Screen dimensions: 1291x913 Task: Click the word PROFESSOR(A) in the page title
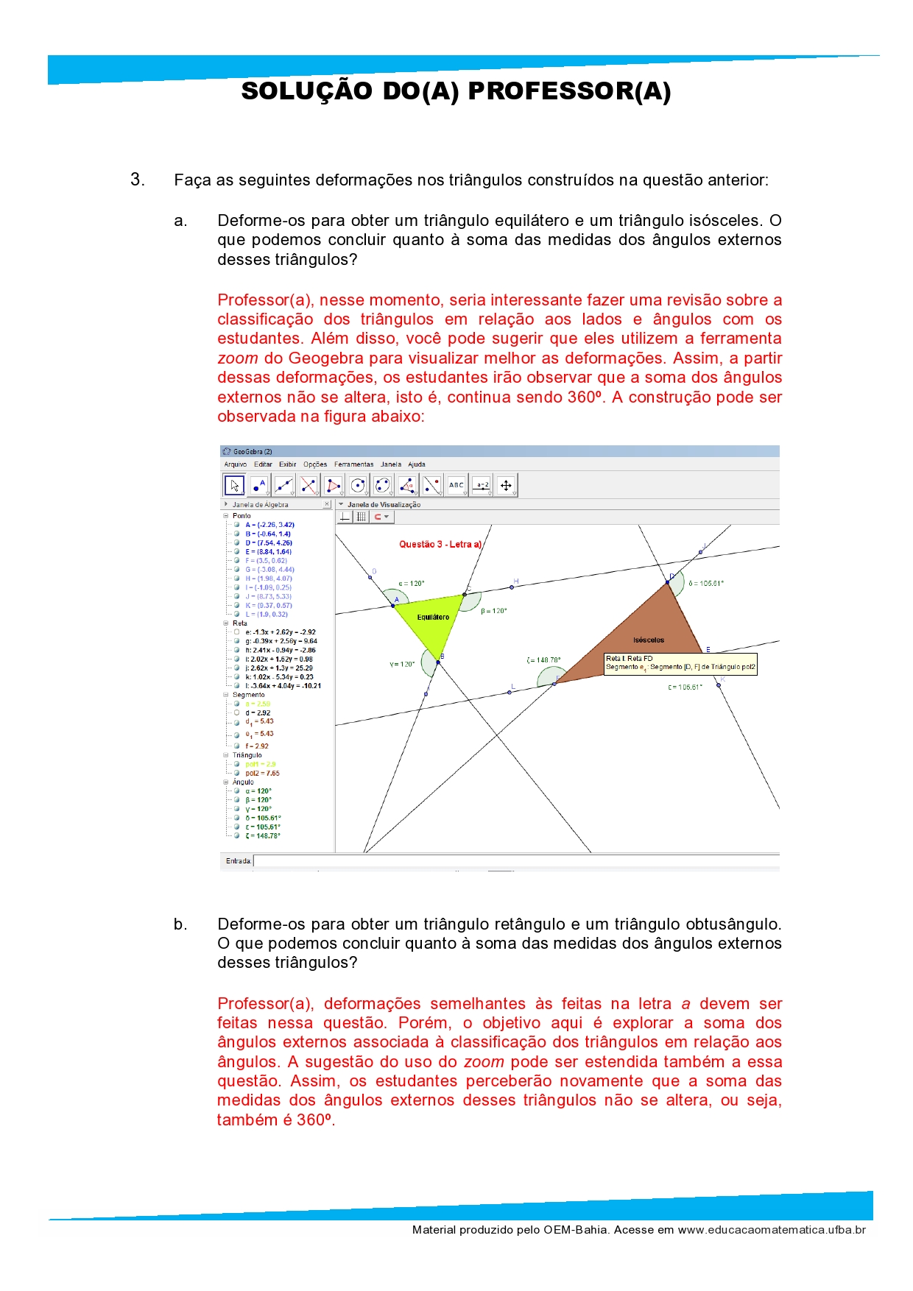point(569,91)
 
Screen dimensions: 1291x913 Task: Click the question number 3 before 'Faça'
point(137,180)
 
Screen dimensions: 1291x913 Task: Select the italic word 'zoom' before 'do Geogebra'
point(237,358)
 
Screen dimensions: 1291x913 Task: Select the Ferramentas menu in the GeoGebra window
point(353,464)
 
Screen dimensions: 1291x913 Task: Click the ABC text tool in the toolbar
point(456,485)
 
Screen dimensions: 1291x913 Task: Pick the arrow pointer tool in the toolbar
point(234,485)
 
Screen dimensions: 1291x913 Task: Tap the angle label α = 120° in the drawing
point(412,584)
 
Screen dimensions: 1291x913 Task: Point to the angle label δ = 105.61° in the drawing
point(706,583)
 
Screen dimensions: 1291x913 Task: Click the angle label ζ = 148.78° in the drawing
point(543,660)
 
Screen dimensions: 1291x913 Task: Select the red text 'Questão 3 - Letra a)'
point(440,545)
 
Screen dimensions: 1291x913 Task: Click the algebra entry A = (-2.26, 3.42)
point(269,525)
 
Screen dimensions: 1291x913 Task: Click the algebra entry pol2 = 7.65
point(262,774)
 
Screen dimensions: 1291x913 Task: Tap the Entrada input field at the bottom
point(515,861)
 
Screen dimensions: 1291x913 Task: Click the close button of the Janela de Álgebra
point(327,505)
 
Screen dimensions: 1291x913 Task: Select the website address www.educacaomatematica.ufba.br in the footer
point(772,1229)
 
